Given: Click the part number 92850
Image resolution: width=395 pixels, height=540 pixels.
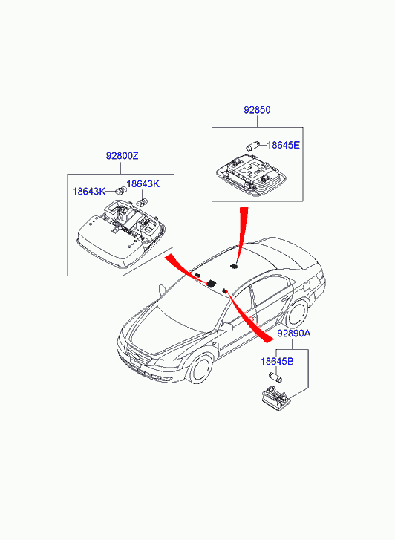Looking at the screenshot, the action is point(257,110).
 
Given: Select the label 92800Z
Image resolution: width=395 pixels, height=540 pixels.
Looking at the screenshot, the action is point(122,156).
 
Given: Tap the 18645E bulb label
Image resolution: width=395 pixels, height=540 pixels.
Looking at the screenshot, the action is point(283,145).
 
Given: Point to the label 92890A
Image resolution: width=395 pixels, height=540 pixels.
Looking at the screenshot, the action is point(294,334).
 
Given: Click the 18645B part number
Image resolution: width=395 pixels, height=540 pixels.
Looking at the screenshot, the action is point(277,362).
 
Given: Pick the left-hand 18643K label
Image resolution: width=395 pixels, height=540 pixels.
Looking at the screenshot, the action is point(89,192).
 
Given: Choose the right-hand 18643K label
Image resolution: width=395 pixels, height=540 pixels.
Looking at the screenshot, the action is point(143,184).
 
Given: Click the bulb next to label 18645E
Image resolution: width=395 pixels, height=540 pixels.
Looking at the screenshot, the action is point(252,146).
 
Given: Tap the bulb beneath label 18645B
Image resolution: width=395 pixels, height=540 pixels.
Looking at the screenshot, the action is point(275,377).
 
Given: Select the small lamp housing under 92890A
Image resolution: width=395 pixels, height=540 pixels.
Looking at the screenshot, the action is point(276,399).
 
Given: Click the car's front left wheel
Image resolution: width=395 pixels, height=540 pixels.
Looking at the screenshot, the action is point(200,369).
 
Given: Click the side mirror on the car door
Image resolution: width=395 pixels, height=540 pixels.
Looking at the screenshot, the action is point(226,327).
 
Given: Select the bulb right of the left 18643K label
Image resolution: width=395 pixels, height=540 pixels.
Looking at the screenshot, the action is point(120,189).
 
